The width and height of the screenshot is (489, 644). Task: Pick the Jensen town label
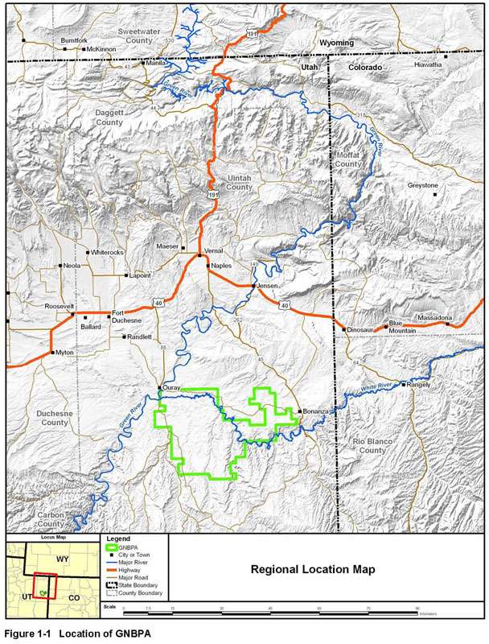point(267,286)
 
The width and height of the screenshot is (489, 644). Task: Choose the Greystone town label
point(422,185)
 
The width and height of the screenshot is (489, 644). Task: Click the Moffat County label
point(348,159)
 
